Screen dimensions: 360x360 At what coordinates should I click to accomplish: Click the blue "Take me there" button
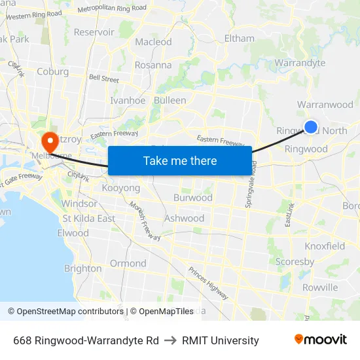point(180,160)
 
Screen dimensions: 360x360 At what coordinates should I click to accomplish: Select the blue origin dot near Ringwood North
point(311,127)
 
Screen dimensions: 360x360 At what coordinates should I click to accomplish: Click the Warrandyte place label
point(300,63)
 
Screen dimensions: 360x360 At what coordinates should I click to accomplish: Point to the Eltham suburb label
point(239,38)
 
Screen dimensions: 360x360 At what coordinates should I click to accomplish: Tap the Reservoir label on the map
point(94,31)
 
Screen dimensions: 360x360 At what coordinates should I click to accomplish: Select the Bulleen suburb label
point(170,100)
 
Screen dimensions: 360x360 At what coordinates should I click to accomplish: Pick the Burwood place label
point(192,197)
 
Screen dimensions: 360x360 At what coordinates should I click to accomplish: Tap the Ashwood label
point(184,218)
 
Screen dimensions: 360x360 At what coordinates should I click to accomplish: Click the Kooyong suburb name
point(121,188)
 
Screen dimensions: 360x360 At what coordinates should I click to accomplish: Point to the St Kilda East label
point(88,218)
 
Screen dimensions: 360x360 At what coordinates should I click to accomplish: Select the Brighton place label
point(82,268)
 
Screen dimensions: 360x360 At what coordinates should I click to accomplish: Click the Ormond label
point(128,263)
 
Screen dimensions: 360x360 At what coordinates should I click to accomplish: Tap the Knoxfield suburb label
point(325,246)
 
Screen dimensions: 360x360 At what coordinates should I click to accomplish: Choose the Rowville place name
point(320,287)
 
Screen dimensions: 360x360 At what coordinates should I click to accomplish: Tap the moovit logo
point(320,340)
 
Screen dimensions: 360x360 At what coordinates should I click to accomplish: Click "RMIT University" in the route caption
point(221,340)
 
